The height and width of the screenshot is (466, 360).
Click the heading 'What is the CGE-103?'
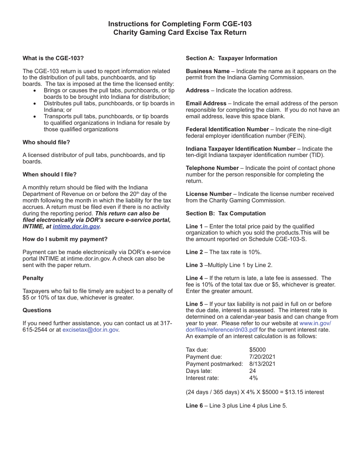tap(53, 58)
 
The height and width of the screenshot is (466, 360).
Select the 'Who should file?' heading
tap(46, 142)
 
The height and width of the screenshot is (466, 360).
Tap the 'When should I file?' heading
tap(50, 174)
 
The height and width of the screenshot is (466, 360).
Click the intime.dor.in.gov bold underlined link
tap(76, 226)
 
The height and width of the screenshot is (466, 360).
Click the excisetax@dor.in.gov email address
tap(90, 330)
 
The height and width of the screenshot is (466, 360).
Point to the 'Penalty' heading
tap(33, 278)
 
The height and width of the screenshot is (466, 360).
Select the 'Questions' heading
tap(37, 310)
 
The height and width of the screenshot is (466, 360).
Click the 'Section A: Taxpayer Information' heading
tap(231, 58)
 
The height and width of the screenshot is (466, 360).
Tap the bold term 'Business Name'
tap(208, 71)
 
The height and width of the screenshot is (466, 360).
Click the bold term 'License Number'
tap(208, 194)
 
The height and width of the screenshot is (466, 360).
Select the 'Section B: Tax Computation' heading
tap(225, 213)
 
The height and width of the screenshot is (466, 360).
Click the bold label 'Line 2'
tap(194, 252)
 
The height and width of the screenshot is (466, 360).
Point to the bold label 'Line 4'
tap(194, 278)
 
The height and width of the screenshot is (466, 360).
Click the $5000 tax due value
tap(257, 349)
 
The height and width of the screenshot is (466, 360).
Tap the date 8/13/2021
tap(262, 364)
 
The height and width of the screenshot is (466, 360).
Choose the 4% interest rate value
tap(253, 378)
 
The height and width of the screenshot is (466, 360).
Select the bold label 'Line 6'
tap(194, 405)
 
